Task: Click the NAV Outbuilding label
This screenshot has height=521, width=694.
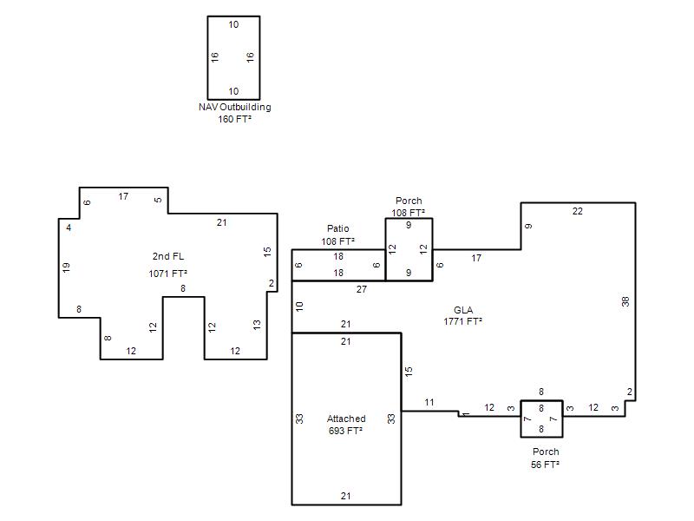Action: tap(234, 107)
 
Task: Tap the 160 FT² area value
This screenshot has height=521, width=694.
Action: tap(234, 119)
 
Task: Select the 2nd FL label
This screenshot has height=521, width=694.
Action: tap(168, 256)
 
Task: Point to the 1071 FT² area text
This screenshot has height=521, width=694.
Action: tap(167, 274)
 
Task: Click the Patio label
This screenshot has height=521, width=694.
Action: tap(338, 228)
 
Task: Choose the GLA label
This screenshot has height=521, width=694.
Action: tap(463, 310)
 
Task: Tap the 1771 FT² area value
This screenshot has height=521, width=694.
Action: tap(463, 321)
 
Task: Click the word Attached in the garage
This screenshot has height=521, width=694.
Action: tap(346, 419)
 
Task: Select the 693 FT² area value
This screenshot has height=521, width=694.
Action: tap(345, 430)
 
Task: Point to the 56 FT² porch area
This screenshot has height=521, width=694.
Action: tap(546, 465)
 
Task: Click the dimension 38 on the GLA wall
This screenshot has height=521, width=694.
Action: tap(625, 301)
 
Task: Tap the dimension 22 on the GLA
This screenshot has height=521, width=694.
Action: tap(577, 211)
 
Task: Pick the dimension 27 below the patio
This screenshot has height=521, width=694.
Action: tap(362, 289)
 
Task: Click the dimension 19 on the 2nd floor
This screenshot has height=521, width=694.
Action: tap(66, 267)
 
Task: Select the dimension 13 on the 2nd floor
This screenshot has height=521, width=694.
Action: tap(257, 325)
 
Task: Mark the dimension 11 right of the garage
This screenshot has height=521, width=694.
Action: tap(429, 402)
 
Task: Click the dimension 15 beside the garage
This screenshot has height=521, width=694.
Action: tap(409, 372)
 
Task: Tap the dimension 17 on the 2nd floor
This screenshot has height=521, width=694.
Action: tap(123, 196)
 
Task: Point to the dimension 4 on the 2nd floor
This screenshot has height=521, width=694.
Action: tap(69, 228)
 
